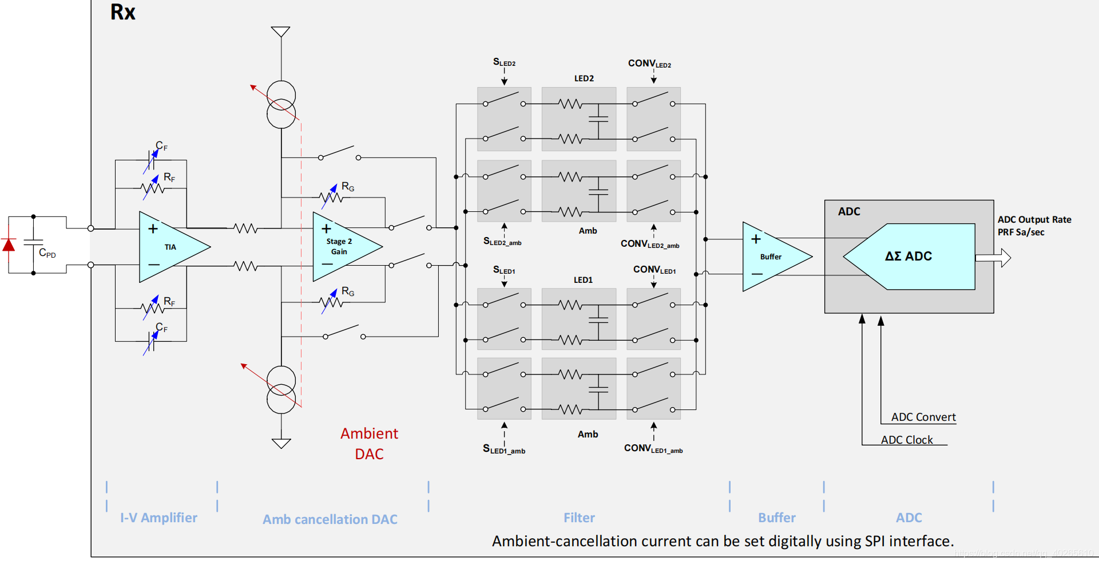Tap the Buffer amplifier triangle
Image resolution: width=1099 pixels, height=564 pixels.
[772, 257]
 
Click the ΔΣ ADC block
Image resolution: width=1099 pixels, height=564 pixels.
[908, 257]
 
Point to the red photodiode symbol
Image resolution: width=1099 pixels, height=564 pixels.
[9, 245]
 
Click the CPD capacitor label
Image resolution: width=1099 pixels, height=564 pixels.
[47, 253]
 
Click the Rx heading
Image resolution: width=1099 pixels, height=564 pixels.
[122, 13]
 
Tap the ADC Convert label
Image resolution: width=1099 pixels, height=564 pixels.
[923, 417]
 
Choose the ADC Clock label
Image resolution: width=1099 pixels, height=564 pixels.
[907, 440]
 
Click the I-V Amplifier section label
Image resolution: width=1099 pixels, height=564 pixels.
[158, 518]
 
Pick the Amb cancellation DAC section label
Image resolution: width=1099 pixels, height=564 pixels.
[330, 519]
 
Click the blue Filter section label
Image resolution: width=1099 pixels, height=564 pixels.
[579, 518]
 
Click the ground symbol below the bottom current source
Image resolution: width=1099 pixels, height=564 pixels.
[281, 443]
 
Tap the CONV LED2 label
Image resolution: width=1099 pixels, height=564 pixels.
[649, 64]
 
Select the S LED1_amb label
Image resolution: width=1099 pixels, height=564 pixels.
[503, 449]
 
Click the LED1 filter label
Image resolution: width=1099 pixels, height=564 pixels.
[583, 280]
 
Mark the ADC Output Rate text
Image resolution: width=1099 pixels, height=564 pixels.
[1034, 220]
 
